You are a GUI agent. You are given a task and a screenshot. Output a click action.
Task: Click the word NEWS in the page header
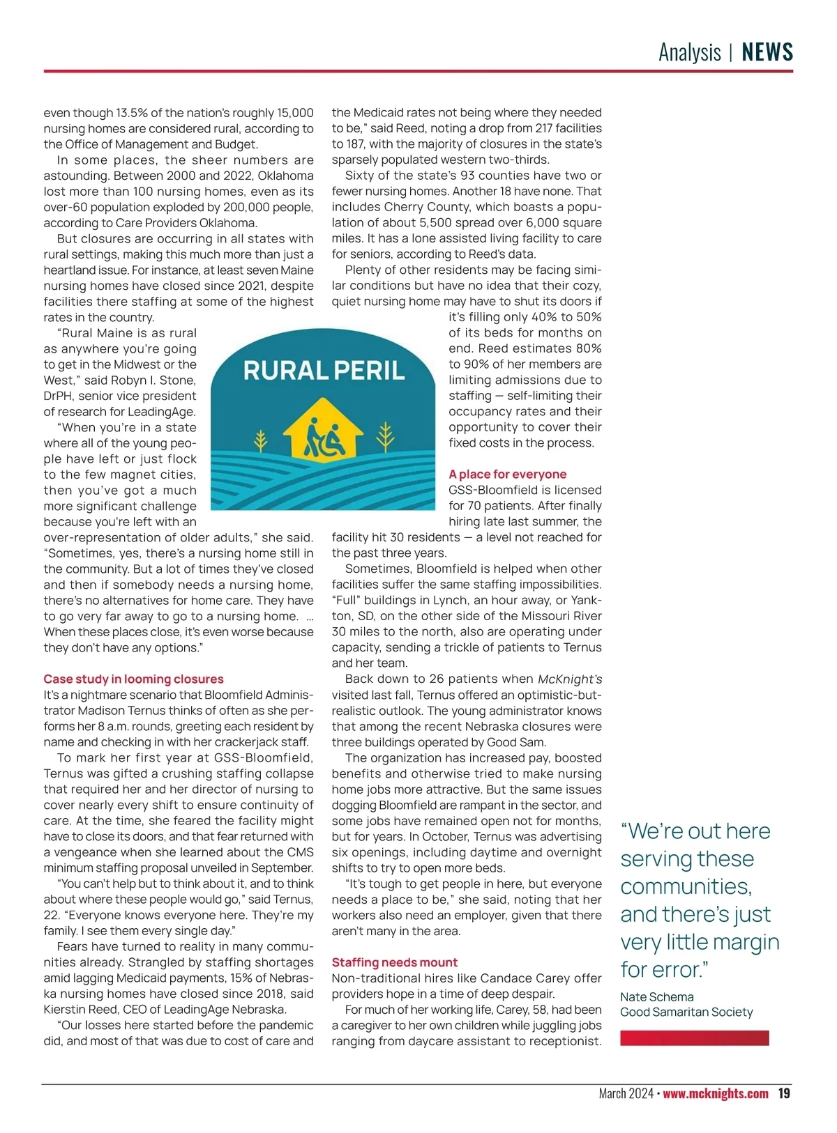767,52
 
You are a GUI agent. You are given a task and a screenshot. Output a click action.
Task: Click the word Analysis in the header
689,52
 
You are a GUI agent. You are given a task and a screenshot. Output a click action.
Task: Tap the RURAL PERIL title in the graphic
324,371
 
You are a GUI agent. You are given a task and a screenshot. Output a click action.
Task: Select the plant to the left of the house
261,440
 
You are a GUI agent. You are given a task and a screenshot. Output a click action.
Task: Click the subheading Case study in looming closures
133,679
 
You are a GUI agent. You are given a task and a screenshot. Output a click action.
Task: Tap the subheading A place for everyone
507,475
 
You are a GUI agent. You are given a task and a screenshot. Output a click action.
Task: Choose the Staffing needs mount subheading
394,962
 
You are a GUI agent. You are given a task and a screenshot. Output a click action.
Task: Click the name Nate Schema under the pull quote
656,997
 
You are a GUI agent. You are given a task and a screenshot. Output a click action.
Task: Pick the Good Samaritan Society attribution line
686,1012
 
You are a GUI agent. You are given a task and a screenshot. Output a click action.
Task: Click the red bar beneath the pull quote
694,1038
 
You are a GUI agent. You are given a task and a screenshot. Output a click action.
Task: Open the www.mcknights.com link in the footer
715,1093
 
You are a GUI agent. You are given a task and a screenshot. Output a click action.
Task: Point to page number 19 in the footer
784,1093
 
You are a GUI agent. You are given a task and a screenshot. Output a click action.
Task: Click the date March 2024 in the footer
626,1093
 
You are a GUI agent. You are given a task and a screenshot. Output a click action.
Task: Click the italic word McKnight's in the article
569,679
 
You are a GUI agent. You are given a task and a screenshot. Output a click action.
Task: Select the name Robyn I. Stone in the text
160,380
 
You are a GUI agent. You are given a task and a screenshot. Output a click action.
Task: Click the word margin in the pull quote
742,942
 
